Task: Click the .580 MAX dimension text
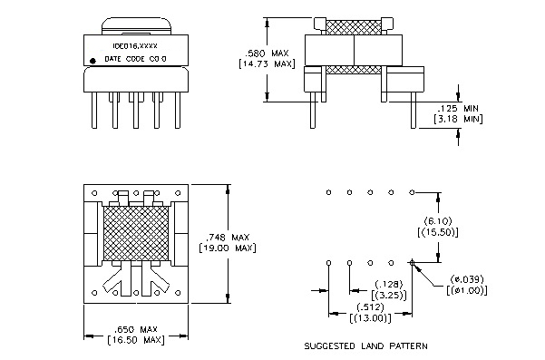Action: pos(267,54)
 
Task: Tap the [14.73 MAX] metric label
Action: pos(267,64)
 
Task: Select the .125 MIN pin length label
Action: pos(458,108)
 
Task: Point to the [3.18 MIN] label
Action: pos(458,119)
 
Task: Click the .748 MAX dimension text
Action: pos(228,238)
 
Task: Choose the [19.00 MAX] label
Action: pos(228,248)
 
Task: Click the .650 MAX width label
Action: pos(136,329)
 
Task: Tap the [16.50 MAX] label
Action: pos(136,339)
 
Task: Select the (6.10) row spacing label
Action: pos(438,221)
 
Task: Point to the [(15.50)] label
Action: pos(438,232)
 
